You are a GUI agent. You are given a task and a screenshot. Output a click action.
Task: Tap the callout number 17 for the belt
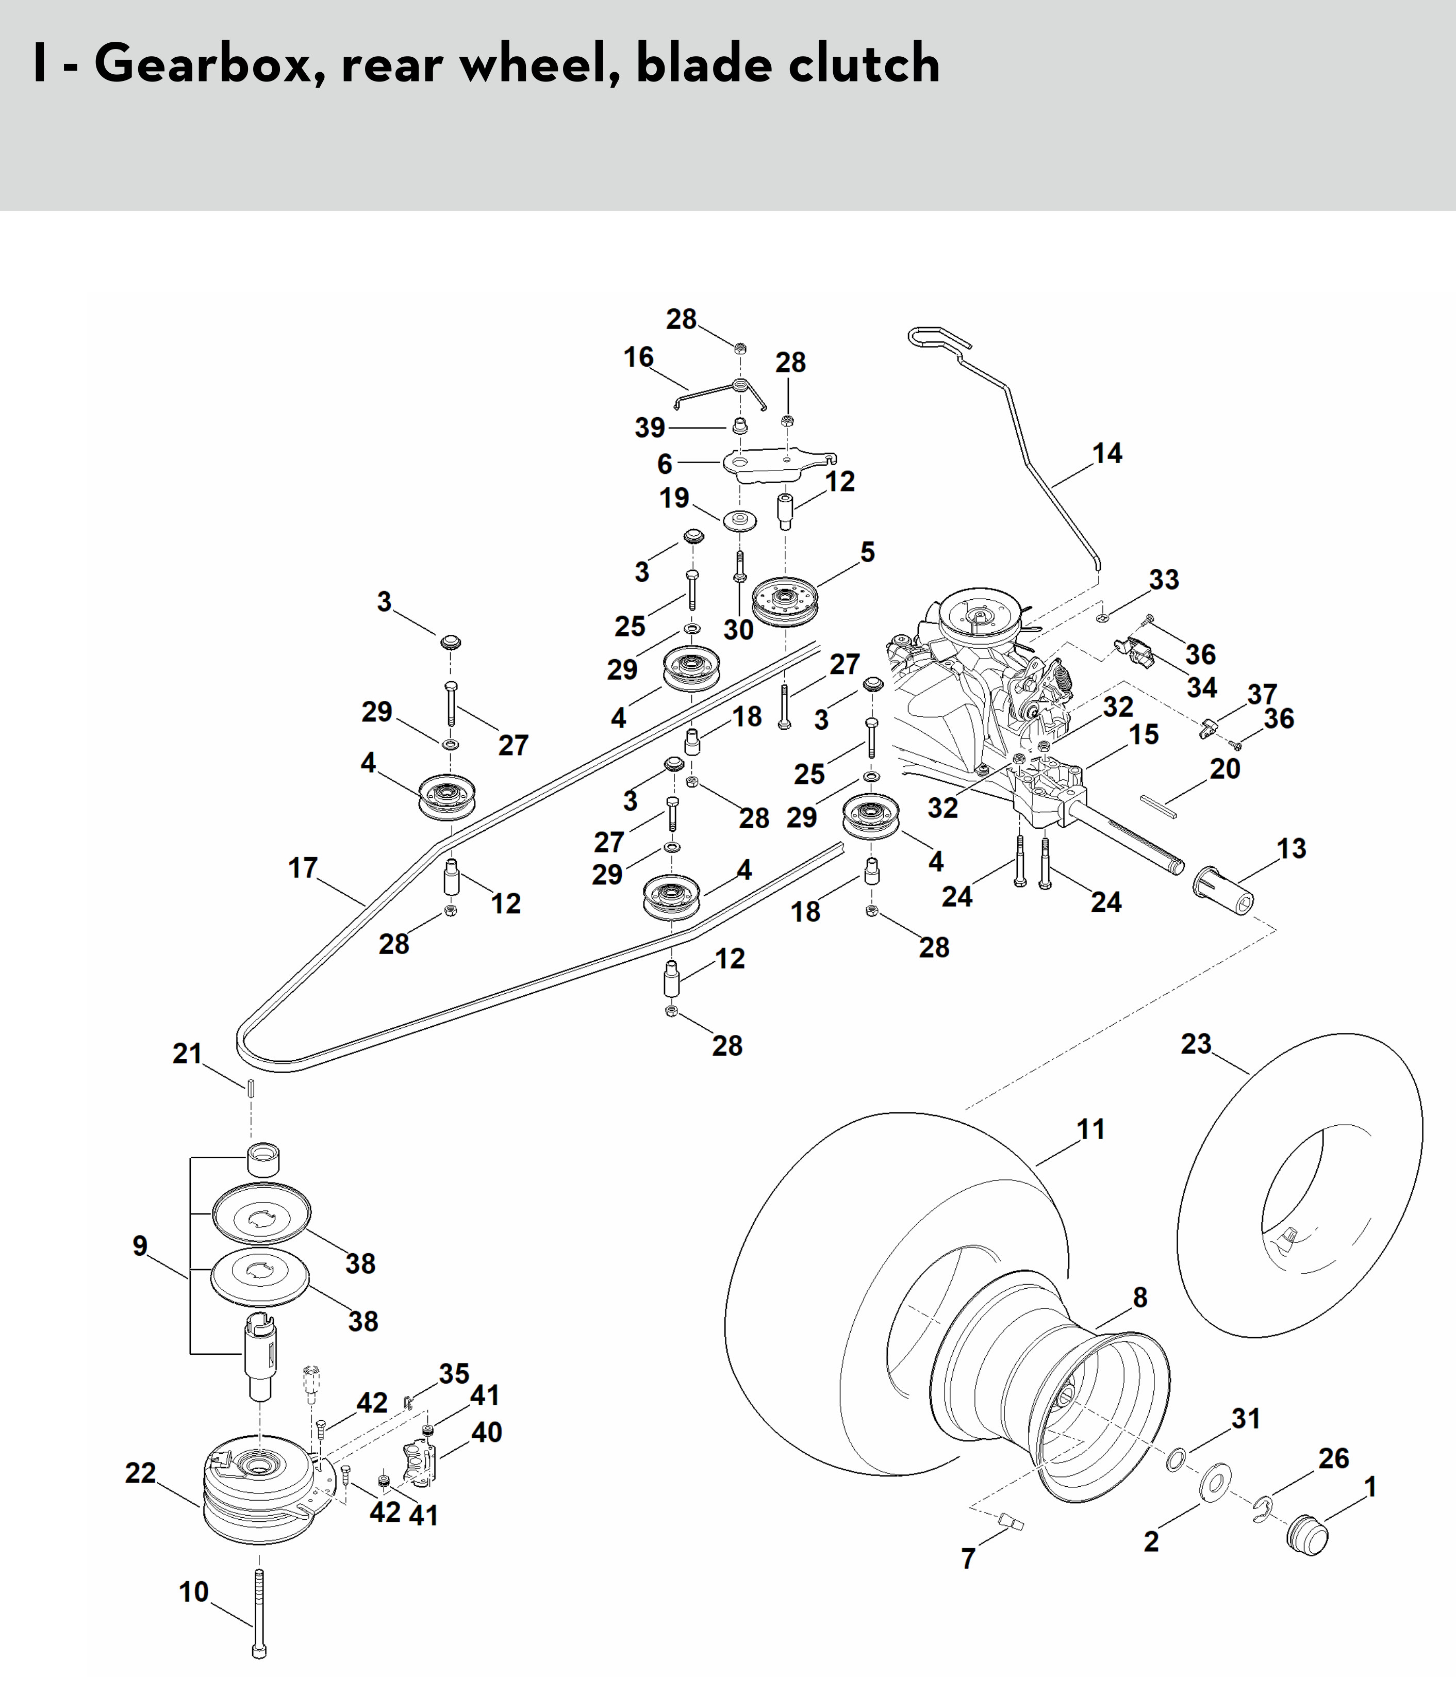[303, 868]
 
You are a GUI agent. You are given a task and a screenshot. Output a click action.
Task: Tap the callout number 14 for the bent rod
[1106, 453]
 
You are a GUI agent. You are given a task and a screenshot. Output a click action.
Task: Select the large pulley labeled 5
[784, 601]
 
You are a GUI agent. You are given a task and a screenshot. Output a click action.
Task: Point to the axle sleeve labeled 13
[1223, 893]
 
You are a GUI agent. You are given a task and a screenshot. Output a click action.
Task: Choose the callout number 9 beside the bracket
[140, 1245]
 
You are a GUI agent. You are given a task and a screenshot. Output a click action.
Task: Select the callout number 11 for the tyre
[1091, 1129]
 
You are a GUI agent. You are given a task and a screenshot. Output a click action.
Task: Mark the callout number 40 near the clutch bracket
[486, 1432]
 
